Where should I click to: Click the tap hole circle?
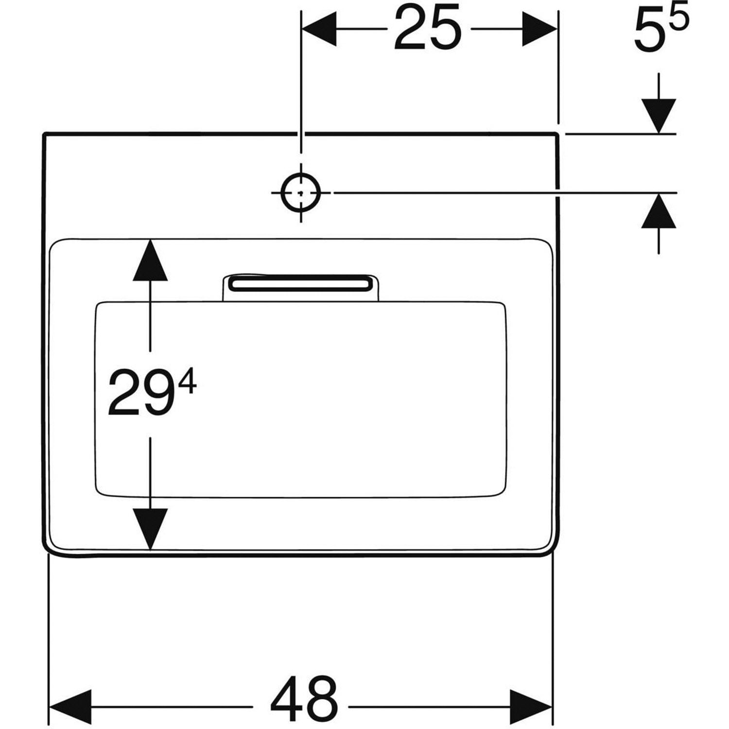pyautogui.click(x=301, y=193)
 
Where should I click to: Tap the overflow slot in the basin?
pyautogui.click(x=300, y=283)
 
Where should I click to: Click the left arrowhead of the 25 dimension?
pyautogui.click(x=319, y=29)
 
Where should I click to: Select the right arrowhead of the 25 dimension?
pyautogui.click(x=539, y=29)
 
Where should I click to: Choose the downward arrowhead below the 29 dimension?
pyautogui.click(x=150, y=529)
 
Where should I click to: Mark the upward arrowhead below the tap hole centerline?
pyautogui.click(x=659, y=210)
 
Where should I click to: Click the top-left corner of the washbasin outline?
pyautogui.click(x=44, y=134)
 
